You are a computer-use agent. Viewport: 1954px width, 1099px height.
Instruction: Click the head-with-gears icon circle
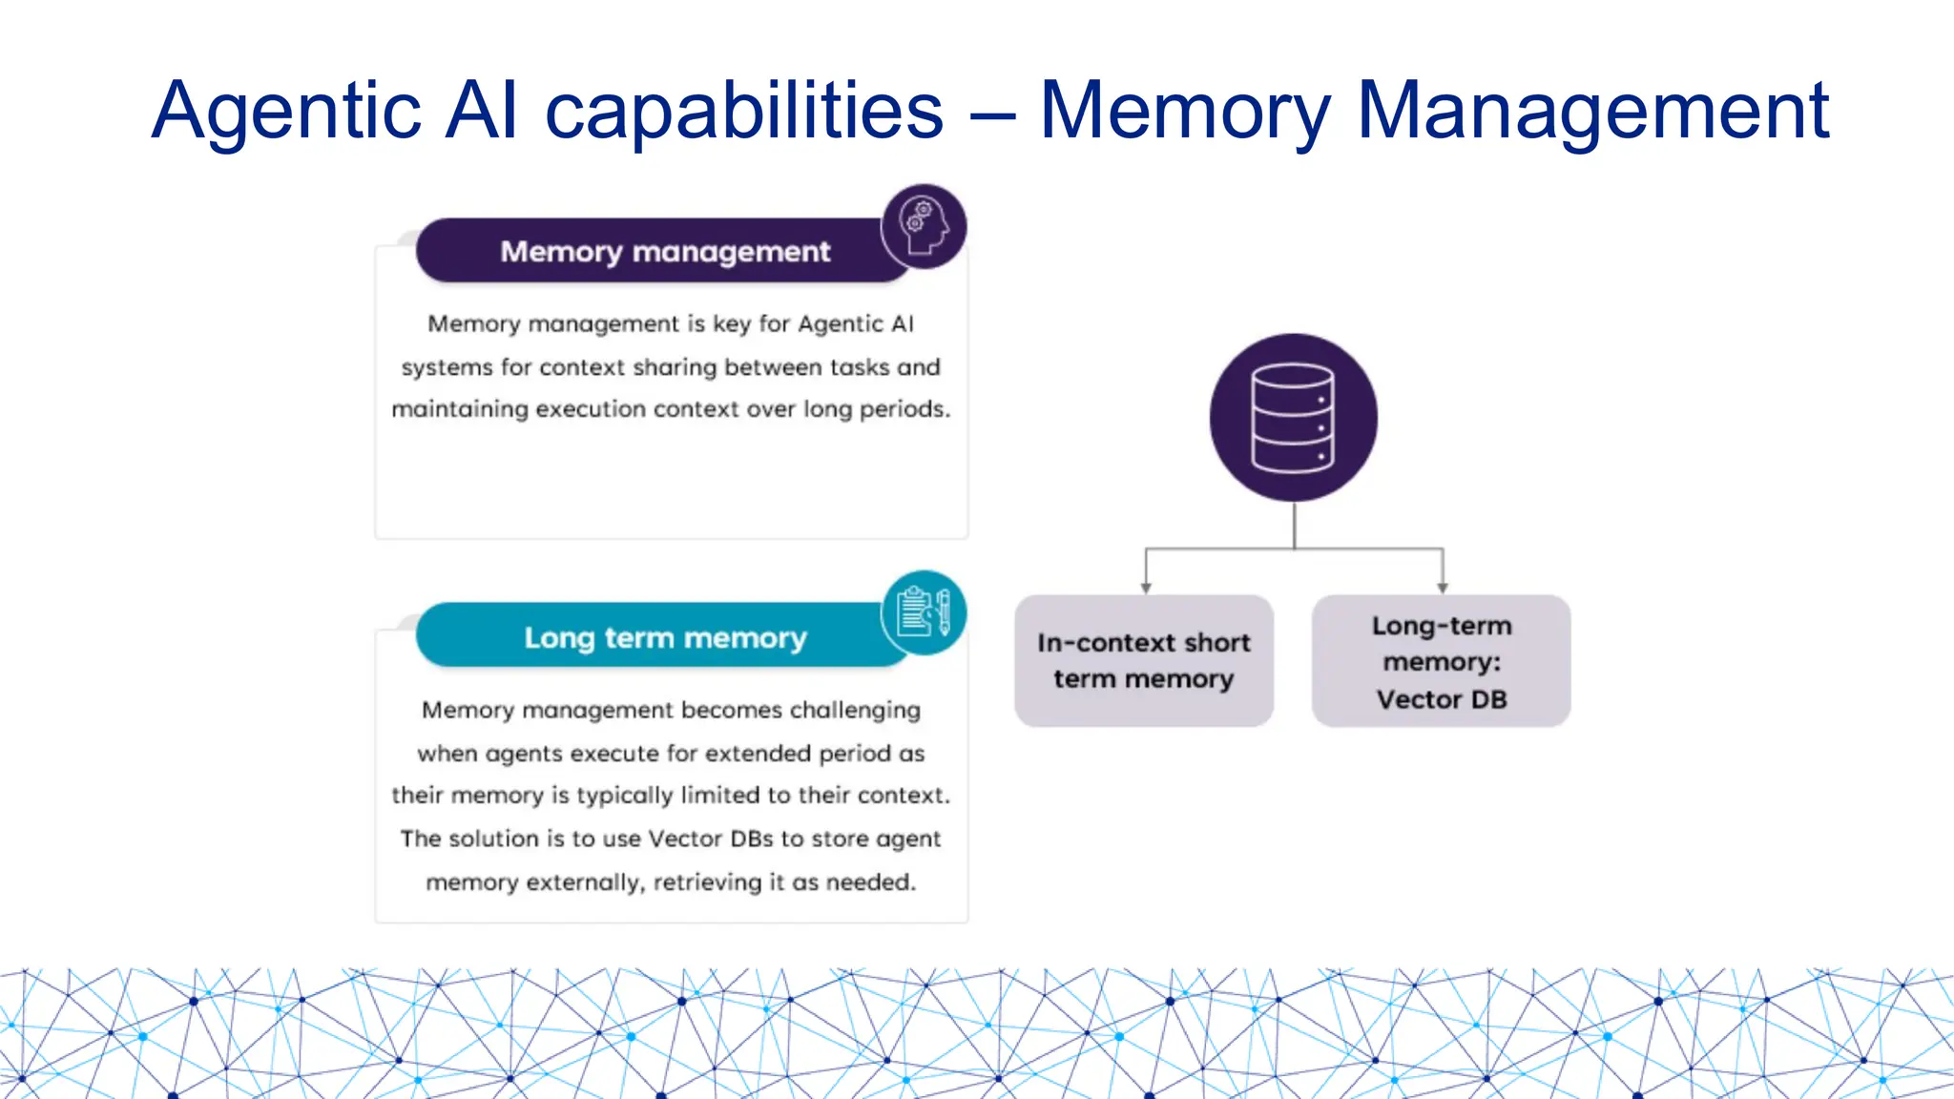(x=924, y=226)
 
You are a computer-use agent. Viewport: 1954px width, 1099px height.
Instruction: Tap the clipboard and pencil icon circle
(x=924, y=612)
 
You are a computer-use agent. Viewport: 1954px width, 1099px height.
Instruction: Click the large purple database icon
(x=1293, y=418)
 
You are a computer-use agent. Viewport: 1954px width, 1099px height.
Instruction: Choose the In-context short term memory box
(x=1143, y=660)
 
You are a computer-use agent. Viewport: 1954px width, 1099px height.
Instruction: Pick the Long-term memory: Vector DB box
(x=1441, y=661)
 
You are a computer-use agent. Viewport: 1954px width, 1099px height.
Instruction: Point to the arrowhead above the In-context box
(x=1146, y=587)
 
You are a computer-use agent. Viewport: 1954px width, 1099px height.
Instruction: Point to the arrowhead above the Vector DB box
(x=1443, y=587)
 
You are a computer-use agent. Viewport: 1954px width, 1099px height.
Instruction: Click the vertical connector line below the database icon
(x=1294, y=525)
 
